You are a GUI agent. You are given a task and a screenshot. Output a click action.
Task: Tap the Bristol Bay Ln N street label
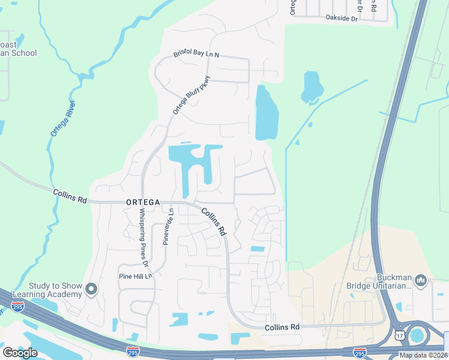(197, 55)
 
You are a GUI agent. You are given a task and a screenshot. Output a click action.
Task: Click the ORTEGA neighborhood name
(143, 203)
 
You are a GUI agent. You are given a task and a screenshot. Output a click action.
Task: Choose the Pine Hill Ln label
(134, 276)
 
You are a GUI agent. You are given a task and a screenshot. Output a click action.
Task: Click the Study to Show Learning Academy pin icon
(91, 290)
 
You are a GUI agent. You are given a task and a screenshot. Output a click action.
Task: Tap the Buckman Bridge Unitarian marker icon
(420, 280)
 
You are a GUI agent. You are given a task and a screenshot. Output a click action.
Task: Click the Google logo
(20, 352)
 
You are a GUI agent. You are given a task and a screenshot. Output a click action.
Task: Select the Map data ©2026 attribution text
(423, 355)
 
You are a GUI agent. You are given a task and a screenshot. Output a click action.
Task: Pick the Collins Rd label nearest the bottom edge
(282, 327)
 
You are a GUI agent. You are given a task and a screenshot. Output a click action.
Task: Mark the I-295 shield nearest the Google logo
(133, 350)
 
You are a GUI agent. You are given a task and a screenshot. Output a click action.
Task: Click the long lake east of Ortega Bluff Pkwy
(267, 113)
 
